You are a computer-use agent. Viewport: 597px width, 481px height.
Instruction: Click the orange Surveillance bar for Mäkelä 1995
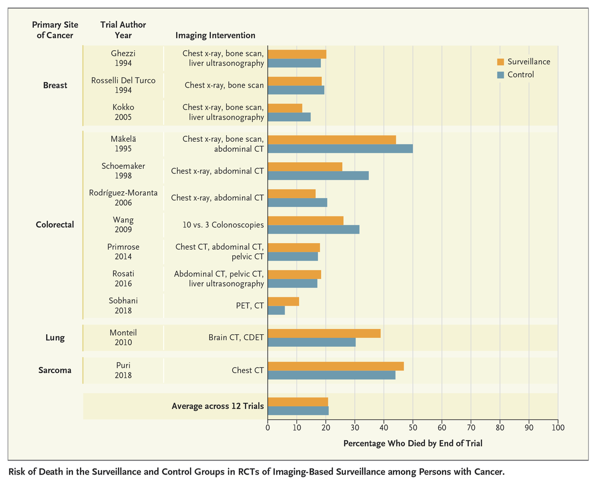(x=332, y=139)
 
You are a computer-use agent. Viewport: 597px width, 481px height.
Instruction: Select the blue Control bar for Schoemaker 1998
(x=318, y=176)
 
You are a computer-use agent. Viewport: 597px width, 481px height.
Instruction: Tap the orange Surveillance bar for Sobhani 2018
(x=284, y=301)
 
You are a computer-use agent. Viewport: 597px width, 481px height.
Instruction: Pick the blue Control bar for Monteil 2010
(x=312, y=342)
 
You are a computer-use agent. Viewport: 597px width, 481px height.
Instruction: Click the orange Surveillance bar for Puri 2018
(x=336, y=366)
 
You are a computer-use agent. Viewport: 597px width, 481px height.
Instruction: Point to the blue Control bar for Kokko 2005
(x=289, y=117)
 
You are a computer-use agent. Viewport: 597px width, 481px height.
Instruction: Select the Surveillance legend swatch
(x=500, y=62)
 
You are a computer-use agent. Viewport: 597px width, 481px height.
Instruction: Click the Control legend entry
(x=520, y=75)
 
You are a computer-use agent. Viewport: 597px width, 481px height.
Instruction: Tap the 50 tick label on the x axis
(x=413, y=427)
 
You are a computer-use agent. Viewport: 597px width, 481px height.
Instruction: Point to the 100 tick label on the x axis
(x=558, y=427)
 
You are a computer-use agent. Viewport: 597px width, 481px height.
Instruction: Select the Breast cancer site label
(x=55, y=85)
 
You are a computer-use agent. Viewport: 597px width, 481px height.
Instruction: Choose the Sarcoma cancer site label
(x=55, y=370)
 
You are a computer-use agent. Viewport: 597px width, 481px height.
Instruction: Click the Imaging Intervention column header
(x=215, y=35)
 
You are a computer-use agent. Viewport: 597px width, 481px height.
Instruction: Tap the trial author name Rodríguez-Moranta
(x=123, y=193)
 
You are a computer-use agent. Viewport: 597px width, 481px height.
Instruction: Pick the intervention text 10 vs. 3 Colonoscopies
(x=223, y=225)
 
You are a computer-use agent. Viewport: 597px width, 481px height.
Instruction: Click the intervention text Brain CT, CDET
(x=236, y=337)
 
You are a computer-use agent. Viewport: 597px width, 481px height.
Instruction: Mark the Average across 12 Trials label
(x=217, y=406)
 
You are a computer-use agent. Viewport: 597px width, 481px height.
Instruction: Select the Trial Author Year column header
(x=123, y=30)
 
